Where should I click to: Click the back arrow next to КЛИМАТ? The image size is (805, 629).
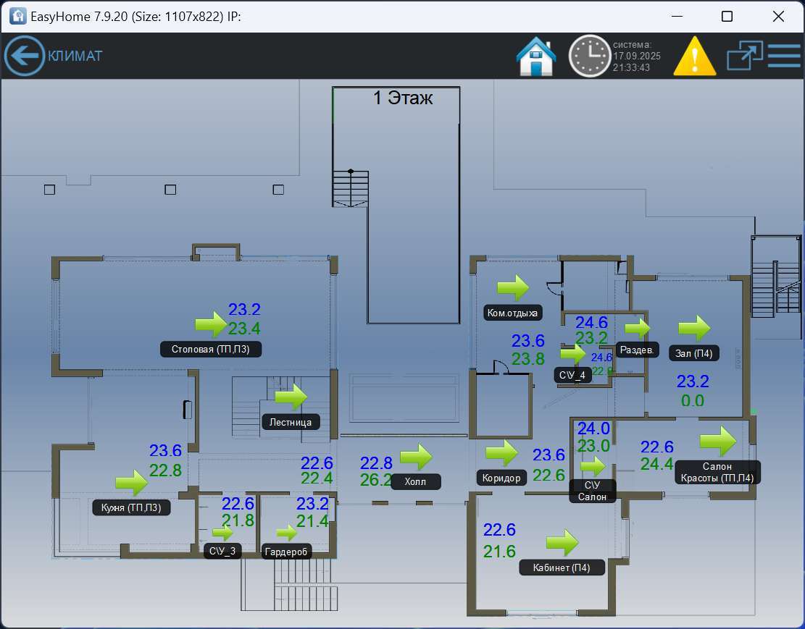coord(25,56)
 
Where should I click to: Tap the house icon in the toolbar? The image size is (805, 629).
coord(536,56)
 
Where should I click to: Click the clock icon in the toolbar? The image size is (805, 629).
coord(589,56)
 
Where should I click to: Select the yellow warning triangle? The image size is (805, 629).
coord(694,56)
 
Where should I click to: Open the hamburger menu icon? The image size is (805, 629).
coord(784,56)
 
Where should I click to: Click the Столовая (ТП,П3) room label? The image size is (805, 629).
coord(210,349)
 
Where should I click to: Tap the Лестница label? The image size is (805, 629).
coord(291,422)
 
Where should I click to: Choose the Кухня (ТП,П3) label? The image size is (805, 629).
coord(131,507)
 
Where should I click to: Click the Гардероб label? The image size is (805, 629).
coord(286,552)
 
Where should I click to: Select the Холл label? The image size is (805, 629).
coord(416,481)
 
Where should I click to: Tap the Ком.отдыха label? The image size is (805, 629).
coord(513,313)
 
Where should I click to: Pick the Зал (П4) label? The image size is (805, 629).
coord(693,353)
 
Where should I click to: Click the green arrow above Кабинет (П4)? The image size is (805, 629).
coord(562,542)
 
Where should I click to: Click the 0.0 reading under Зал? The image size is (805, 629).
coord(693,400)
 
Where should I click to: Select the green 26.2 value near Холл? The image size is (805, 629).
coord(376,479)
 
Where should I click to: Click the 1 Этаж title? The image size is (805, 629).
coord(403,98)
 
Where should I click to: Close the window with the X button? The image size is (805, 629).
coord(778,17)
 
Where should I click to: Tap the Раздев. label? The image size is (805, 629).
coord(638,350)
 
